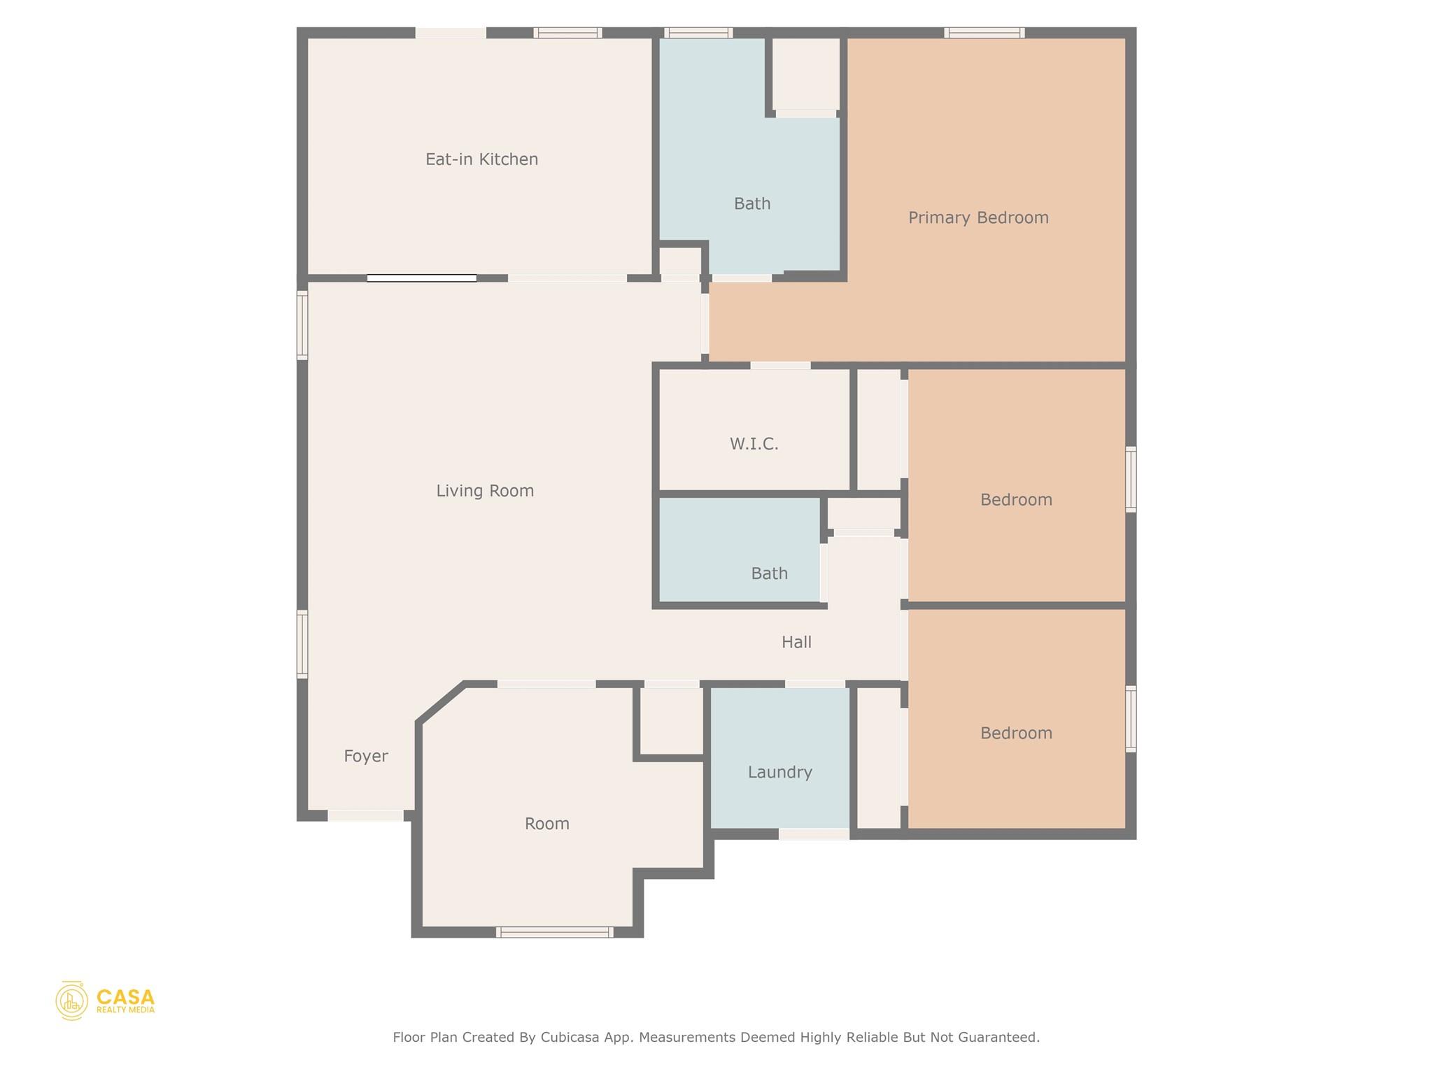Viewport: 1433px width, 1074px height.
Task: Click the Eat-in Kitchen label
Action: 481,159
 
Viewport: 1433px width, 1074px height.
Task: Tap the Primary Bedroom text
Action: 978,217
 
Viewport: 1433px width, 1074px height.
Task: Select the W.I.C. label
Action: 754,444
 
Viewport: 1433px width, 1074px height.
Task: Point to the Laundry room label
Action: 779,772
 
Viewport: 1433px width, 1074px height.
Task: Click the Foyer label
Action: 365,756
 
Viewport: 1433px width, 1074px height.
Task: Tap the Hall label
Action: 796,642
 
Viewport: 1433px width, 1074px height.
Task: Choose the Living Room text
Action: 485,491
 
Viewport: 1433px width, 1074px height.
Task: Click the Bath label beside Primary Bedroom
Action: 752,203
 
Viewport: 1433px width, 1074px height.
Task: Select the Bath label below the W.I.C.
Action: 769,573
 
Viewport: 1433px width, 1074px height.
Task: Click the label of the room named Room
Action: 546,824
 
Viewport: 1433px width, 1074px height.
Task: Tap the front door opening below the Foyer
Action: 365,815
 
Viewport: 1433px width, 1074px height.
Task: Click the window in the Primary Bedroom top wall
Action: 984,33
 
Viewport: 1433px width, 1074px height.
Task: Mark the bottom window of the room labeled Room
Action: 554,932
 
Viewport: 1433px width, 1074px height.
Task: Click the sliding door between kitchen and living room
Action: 422,278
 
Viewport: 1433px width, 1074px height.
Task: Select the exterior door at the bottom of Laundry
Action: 814,833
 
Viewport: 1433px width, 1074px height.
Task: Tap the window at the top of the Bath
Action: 698,33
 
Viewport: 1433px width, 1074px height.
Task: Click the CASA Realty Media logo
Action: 106,1001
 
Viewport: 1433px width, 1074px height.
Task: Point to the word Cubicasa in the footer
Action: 569,1037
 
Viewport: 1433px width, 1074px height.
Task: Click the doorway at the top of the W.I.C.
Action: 780,366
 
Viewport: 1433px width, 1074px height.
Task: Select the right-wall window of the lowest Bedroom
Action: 1130,719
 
